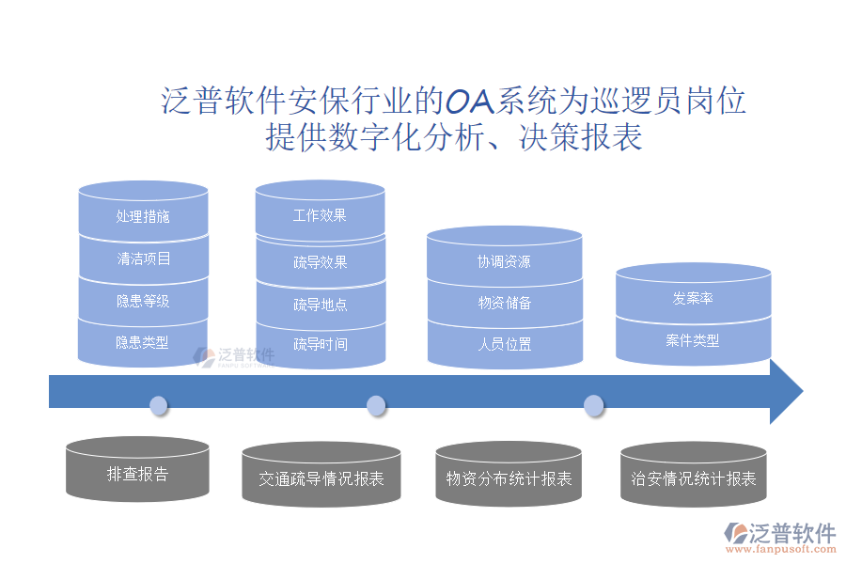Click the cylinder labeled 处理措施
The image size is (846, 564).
tap(143, 216)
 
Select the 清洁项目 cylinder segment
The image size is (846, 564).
tap(143, 258)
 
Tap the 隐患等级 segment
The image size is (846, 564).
tap(143, 302)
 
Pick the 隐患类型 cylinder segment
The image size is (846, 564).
tap(143, 343)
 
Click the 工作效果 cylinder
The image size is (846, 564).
tap(320, 215)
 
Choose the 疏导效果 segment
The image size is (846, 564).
tap(320, 262)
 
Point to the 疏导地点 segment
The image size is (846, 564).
tap(320, 305)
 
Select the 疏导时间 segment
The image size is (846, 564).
tap(320, 344)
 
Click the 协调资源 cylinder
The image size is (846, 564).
tap(504, 261)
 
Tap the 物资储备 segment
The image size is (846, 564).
tap(504, 303)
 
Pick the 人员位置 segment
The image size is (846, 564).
tap(504, 344)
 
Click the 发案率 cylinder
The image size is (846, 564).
tap(693, 298)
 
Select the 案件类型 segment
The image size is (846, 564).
tap(693, 340)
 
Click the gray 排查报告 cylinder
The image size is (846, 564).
tap(137, 473)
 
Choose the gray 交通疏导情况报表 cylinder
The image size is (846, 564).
tap(321, 478)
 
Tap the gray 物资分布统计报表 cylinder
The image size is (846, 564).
tap(509, 478)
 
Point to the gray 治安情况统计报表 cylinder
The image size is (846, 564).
tap(694, 478)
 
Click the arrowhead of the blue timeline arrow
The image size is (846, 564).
tap(786, 390)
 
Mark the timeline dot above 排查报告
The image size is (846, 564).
tap(159, 405)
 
